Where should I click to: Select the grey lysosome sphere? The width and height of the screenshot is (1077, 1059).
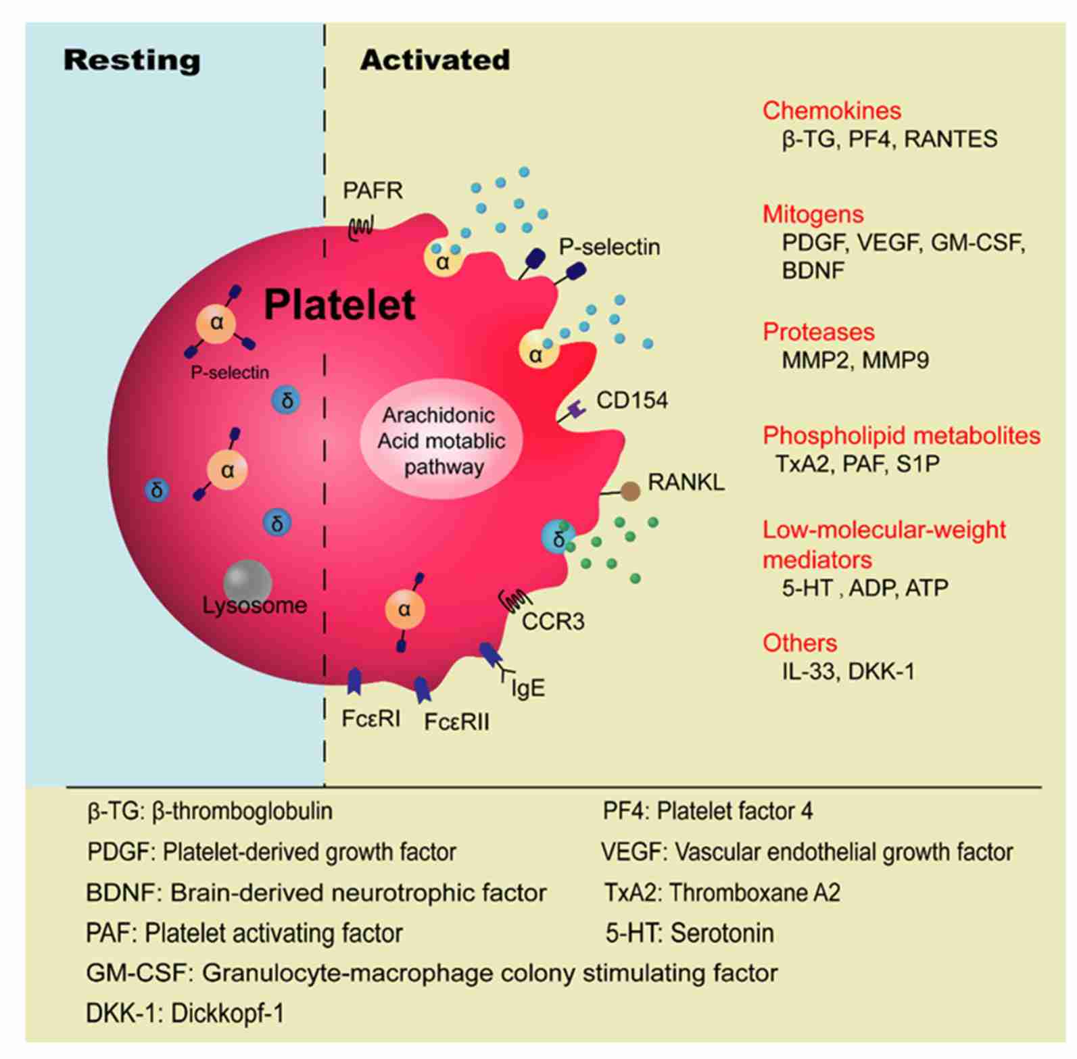point(247,582)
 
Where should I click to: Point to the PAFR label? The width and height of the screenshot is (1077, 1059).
point(373,191)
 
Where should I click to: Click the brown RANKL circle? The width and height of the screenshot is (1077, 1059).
point(631,491)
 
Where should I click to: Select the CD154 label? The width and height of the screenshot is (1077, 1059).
point(631,400)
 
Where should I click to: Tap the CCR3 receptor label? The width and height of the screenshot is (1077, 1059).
point(552,620)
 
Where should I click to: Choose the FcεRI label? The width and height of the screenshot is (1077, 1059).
point(370,718)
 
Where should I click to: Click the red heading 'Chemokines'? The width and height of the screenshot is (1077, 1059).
point(832,110)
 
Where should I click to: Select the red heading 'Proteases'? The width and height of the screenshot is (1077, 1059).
point(818,331)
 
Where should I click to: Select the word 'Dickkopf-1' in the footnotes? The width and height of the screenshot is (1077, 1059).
point(227,1014)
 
